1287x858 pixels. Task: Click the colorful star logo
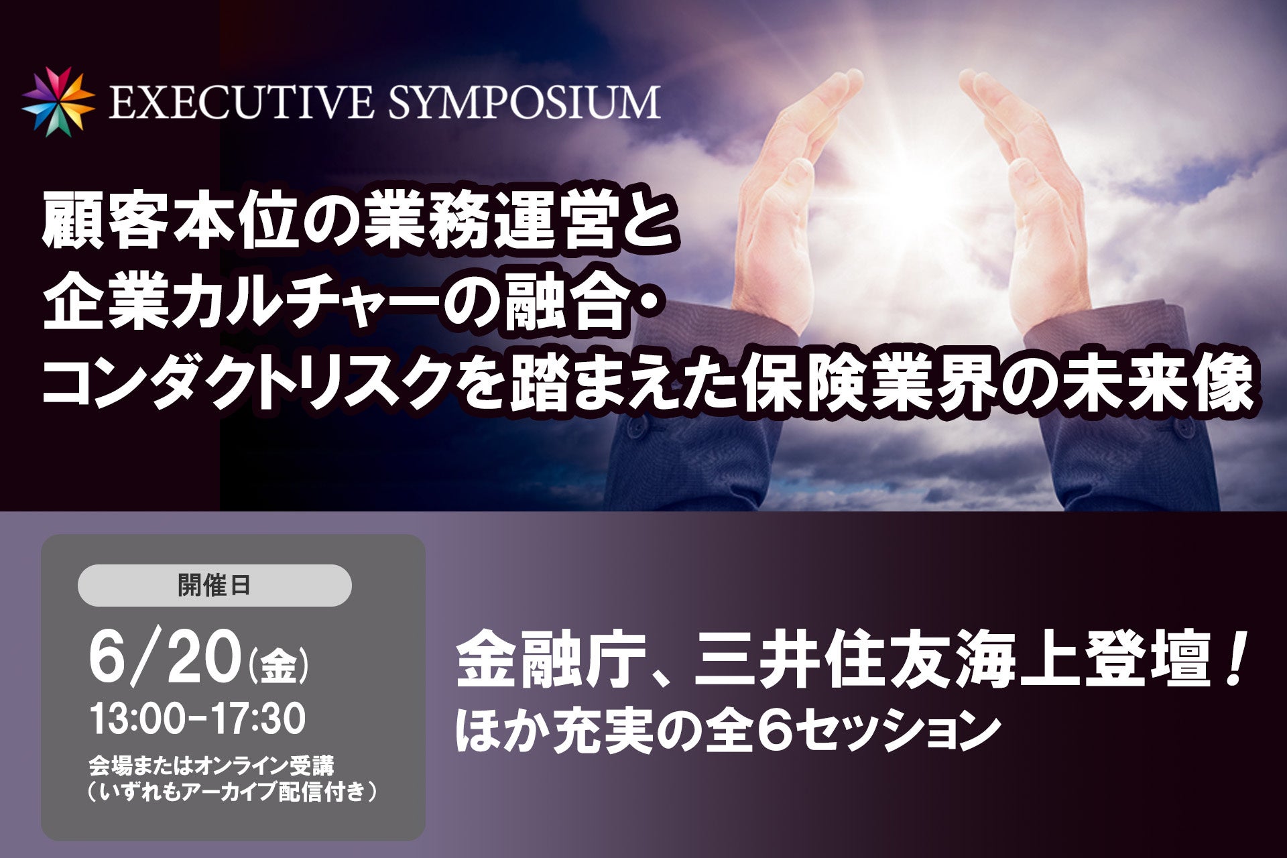(x=58, y=102)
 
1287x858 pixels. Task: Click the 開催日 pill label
(x=214, y=585)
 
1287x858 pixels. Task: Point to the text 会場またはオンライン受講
(x=211, y=765)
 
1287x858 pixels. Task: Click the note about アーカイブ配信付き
(x=232, y=792)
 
